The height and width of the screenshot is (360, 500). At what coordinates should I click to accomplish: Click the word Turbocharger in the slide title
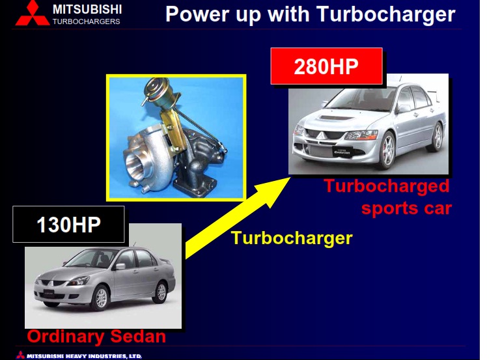point(386,14)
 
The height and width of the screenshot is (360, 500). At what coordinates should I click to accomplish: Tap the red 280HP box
point(326,66)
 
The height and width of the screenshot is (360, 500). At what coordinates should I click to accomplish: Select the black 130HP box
point(68,224)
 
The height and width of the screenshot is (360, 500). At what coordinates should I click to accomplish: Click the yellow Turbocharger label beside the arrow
point(292,238)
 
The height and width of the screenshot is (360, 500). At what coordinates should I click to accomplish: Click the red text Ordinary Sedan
point(96,337)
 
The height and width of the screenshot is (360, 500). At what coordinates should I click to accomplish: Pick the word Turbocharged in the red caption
point(387,187)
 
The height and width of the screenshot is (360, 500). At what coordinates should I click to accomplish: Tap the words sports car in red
point(406,208)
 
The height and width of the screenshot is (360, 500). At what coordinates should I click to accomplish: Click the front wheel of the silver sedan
point(101,298)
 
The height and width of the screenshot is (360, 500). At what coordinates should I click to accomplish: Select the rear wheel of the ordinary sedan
point(161,292)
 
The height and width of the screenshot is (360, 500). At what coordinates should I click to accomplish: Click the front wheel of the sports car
point(387,150)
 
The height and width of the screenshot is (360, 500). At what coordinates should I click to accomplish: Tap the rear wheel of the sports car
point(437,136)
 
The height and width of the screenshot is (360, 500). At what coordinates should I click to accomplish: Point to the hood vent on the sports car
point(337,118)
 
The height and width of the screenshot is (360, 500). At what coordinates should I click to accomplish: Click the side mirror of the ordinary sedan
point(120,266)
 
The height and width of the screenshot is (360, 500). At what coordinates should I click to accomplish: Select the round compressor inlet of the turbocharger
point(138,164)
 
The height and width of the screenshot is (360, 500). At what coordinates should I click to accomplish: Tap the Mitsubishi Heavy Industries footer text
point(84,356)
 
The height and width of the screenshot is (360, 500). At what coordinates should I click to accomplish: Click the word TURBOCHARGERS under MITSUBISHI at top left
point(86,21)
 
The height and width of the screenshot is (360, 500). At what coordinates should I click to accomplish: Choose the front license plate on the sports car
point(342,151)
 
